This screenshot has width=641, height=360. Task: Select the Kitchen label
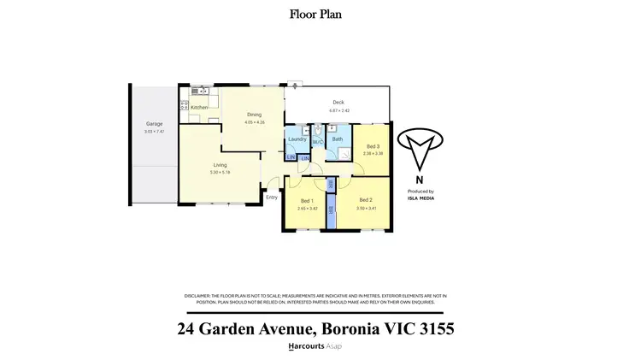coord(198,107)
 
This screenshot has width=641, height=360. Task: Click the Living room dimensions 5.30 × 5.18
coord(220,173)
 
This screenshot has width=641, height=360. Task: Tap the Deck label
coord(338,103)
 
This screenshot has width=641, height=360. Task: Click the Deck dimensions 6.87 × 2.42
coord(338,110)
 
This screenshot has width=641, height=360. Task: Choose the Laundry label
coord(297,139)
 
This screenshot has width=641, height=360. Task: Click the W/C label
coord(316,142)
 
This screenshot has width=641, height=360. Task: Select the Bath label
coord(337,139)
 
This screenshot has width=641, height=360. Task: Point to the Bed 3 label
coord(373,146)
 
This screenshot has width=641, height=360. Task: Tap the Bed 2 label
coord(365,200)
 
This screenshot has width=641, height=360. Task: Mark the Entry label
coord(272,198)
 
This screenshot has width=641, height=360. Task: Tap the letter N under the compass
coord(419,180)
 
